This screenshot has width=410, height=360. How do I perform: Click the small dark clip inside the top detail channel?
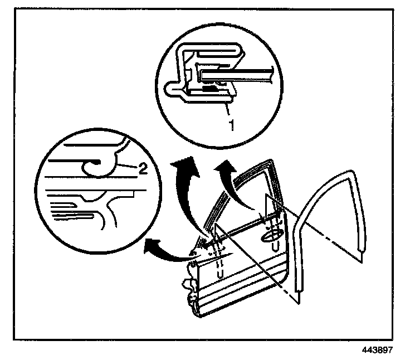click(209, 87)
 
